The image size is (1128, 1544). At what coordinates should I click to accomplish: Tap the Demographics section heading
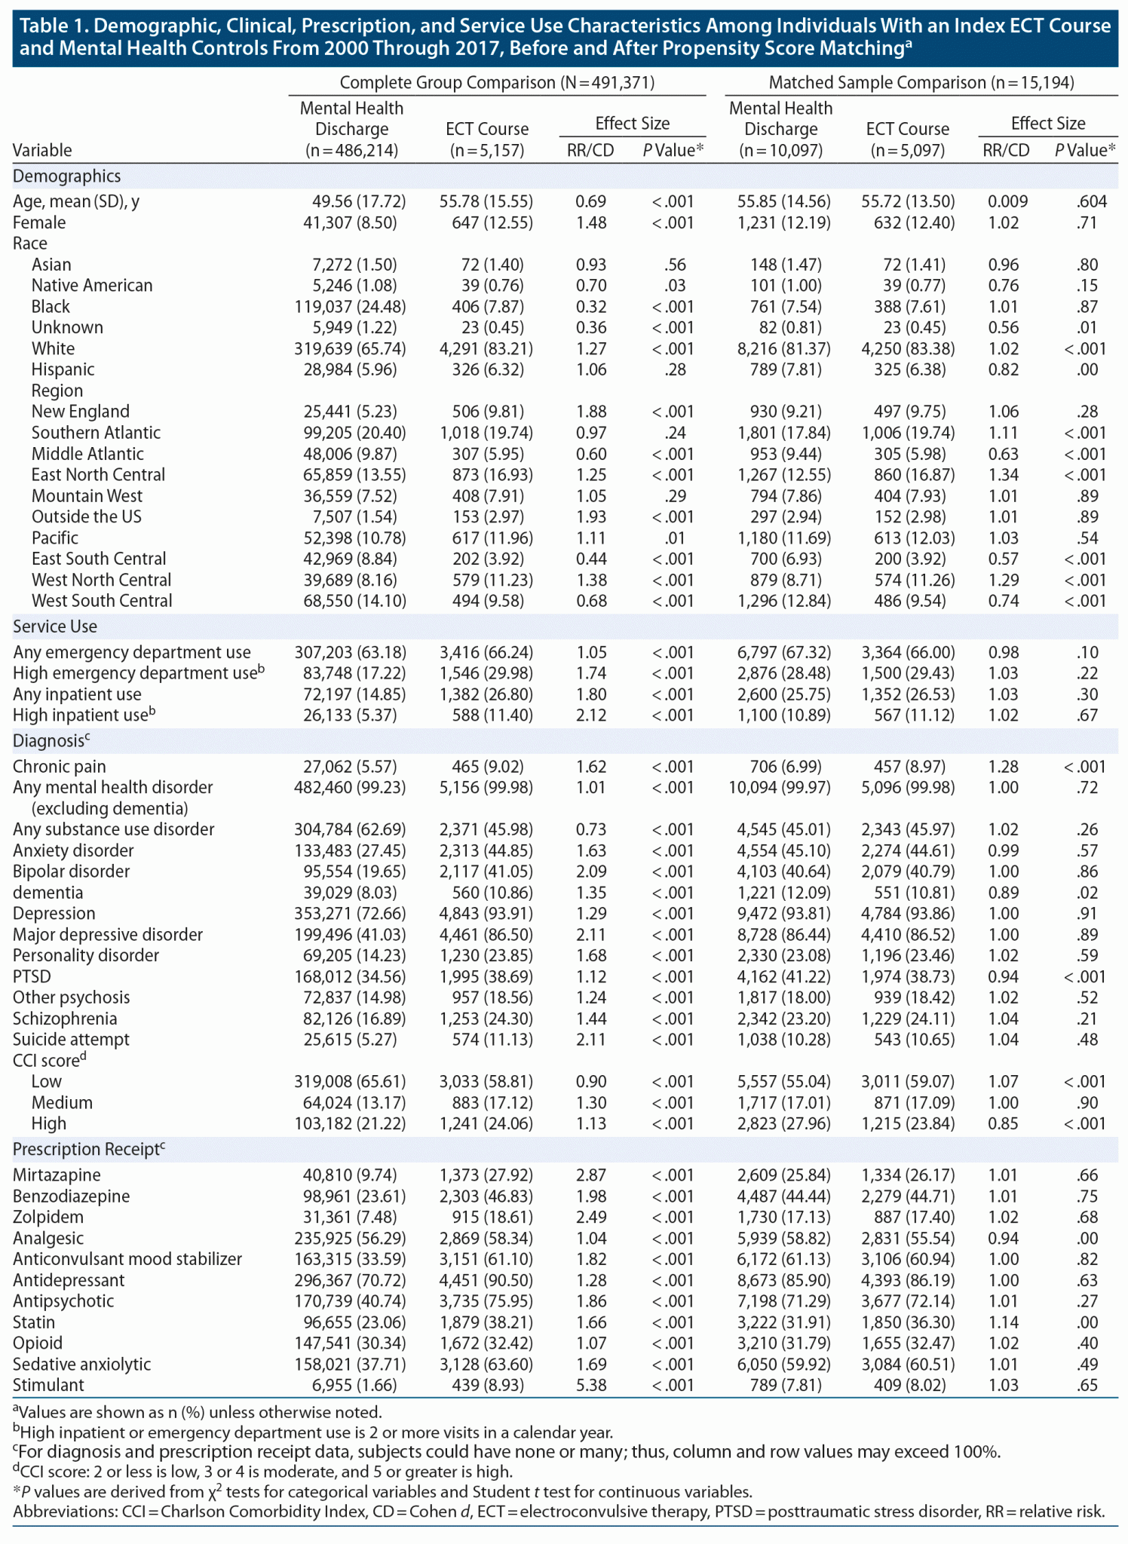66,176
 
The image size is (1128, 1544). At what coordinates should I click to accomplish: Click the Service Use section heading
55,626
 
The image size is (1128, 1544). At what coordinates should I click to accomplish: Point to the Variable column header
42,150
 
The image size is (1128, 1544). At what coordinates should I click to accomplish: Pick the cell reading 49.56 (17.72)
359,201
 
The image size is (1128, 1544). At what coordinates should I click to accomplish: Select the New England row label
80,412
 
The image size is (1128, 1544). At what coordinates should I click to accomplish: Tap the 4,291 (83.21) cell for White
486,349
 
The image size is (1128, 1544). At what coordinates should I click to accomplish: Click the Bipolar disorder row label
72,872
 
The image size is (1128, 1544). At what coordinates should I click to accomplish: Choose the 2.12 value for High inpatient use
591,715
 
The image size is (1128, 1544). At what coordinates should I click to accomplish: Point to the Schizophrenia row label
65,1019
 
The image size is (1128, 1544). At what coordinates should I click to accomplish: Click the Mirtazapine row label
57,1175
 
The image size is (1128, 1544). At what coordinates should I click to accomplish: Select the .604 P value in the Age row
1092,201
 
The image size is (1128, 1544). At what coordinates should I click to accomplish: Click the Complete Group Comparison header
497,83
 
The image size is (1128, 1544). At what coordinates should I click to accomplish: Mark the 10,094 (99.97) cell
783,788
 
